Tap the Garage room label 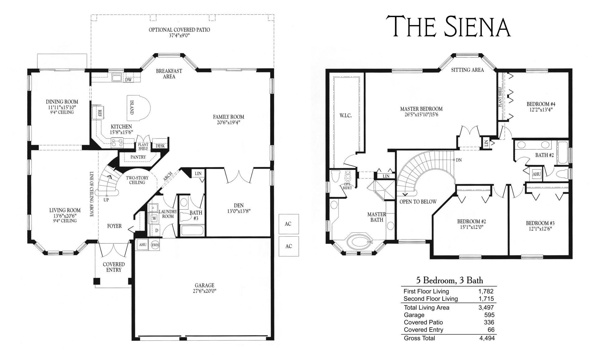coord(205,285)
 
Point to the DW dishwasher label coord(128,80)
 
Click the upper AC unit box coord(288,224)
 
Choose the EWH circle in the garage coord(155,245)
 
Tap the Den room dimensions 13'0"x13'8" coord(238,211)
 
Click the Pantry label coord(138,157)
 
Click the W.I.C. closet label coord(345,116)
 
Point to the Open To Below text coord(418,201)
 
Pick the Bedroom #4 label coord(541,104)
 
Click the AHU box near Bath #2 coord(536,174)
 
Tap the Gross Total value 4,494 coord(487,338)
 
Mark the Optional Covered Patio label coord(179,30)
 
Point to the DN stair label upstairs coord(458,160)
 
